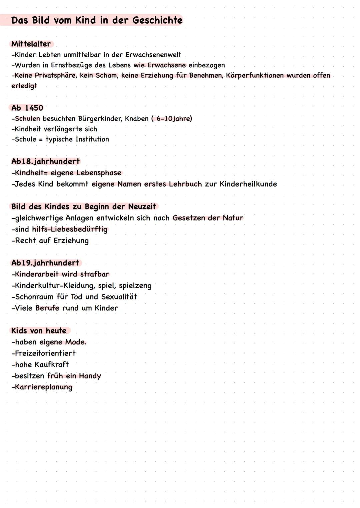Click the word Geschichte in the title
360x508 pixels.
tap(157, 20)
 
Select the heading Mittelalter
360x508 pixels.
tap(31, 44)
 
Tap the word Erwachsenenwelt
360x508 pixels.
tap(153, 55)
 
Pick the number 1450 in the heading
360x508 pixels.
tap(34, 108)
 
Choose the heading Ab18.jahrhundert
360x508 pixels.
tap(46, 162)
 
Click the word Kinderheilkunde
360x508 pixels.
tap(248, 184)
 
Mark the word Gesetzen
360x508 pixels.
tap(189, 218)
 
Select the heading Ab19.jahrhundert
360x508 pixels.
tap(46, 263)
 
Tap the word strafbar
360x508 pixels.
tap(95, 274)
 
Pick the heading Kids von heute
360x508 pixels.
tap(39, 331)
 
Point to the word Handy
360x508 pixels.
tap(90, 376)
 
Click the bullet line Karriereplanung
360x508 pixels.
tap(42, 387)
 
